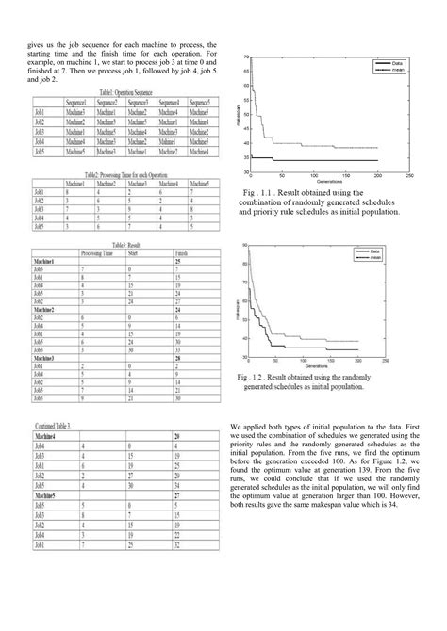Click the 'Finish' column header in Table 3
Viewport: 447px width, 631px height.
(x=183, y=253)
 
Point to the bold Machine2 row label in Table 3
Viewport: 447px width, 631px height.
(x=49, y=308)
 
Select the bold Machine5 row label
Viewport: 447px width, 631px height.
(x=49, y=493)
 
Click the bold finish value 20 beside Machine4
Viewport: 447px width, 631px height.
(x=177, y=437)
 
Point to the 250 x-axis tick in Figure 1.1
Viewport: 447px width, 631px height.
(x=407, y=179)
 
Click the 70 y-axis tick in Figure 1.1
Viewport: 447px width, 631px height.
(x=246, y=58)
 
